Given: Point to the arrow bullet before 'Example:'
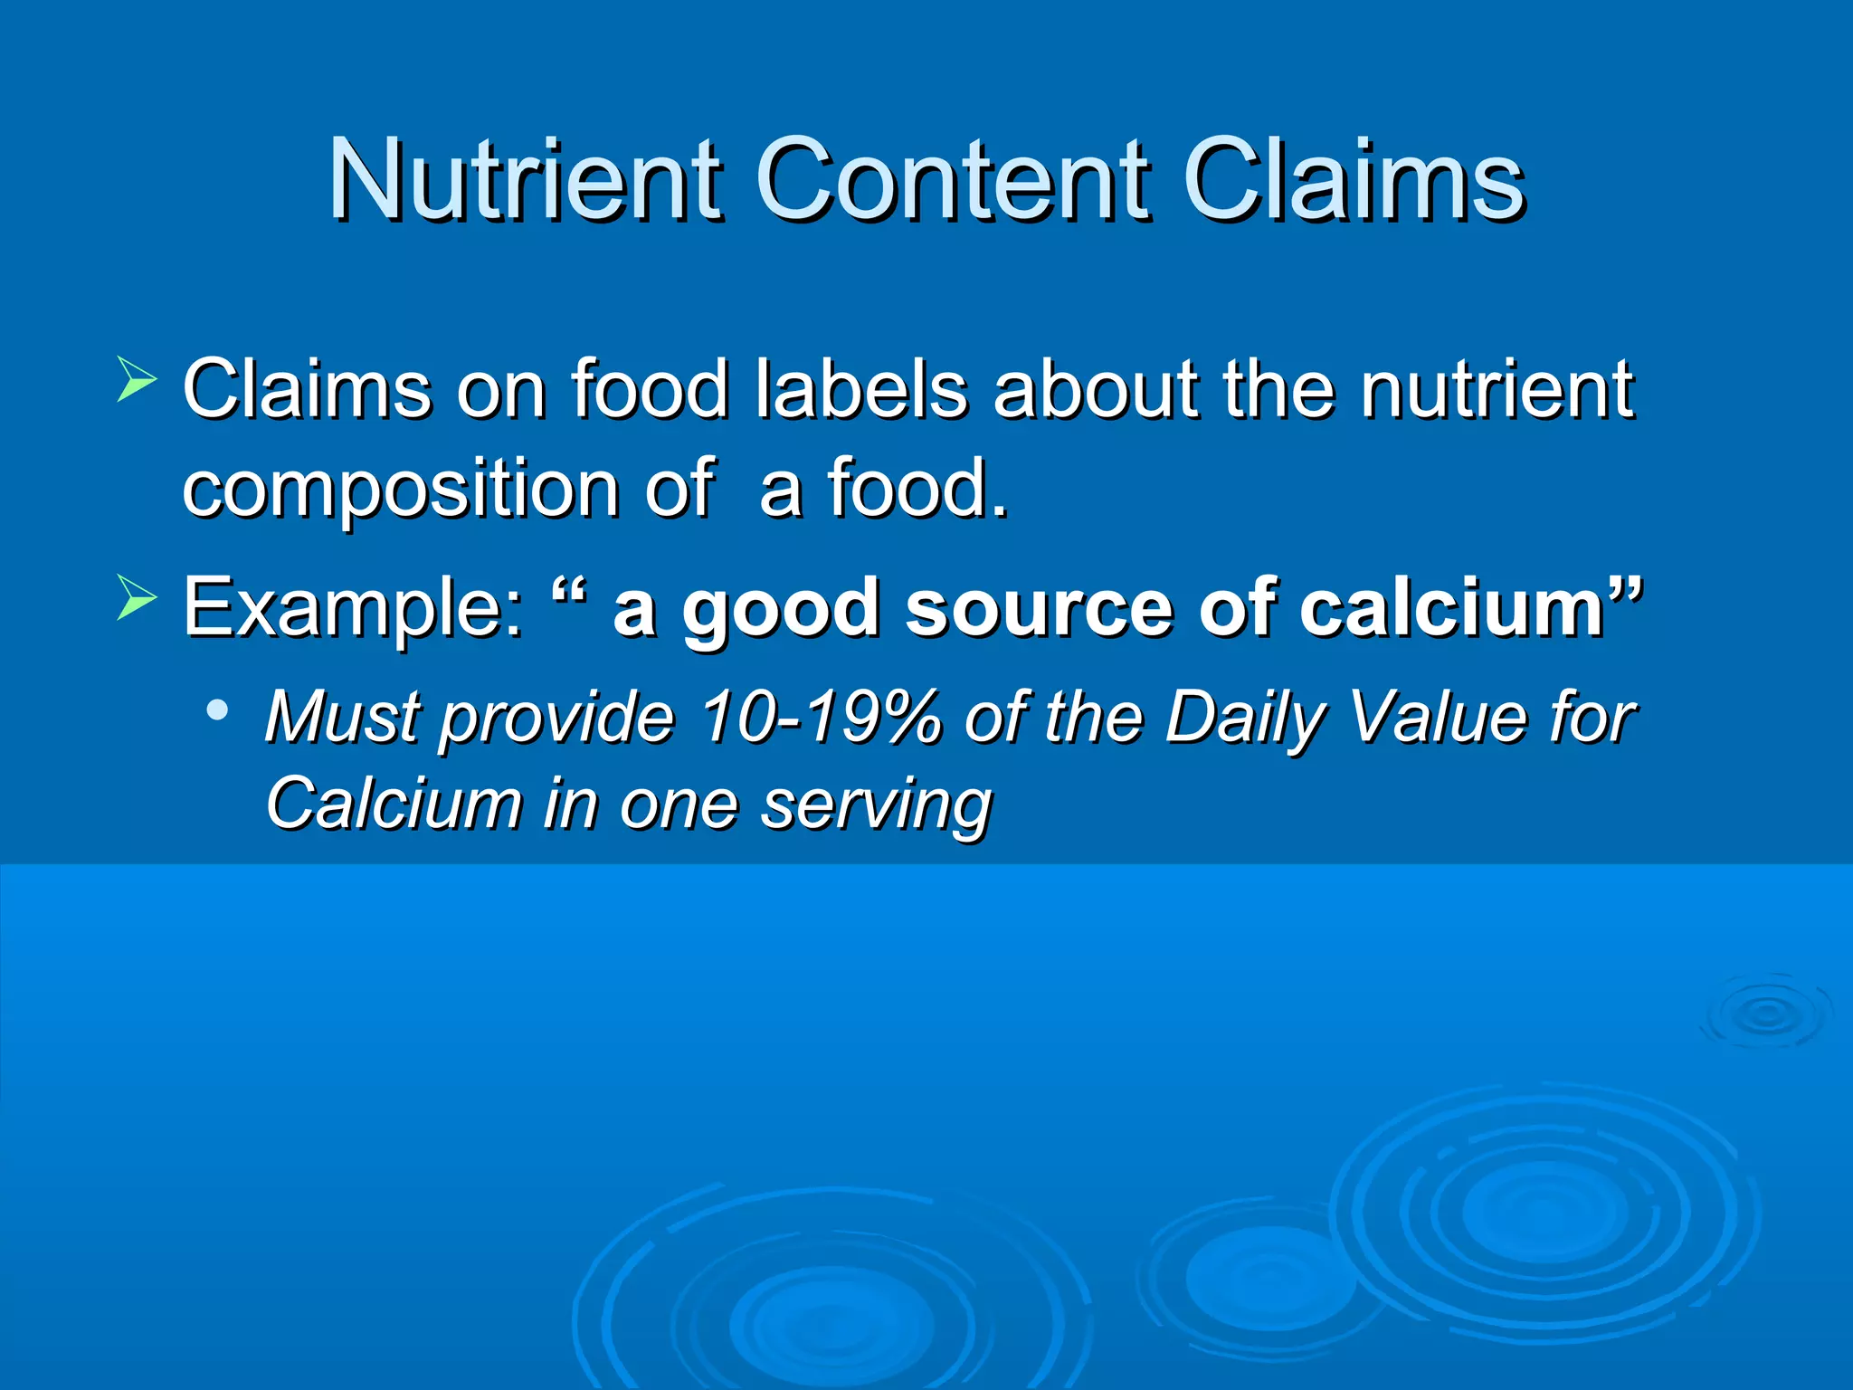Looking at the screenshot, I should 138,597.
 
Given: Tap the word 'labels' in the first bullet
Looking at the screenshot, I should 860,389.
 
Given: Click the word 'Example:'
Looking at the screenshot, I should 353,608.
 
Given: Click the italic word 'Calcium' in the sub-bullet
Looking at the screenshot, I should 394,803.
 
